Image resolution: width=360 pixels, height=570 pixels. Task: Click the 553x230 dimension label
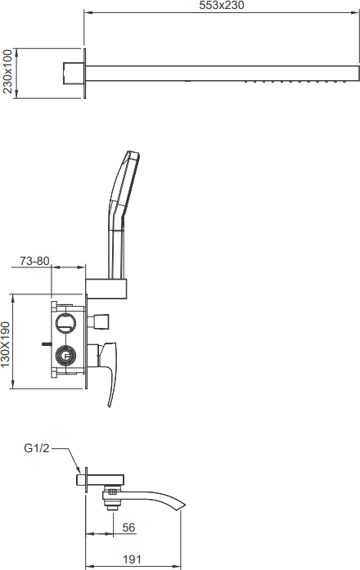pyautogui.click(x=222, y=5)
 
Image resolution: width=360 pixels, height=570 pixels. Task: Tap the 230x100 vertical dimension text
pyautogui.click(x=7, y=71)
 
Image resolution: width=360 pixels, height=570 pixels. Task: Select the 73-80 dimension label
pyautogui.click(x=34, y=261)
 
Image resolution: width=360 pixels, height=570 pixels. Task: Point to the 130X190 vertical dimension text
pyautogui.click(x=6, y=344)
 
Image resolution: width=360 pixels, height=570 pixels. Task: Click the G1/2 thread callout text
pyautogui.click(x=36, y=448)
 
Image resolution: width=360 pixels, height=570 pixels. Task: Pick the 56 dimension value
pyautogui.click(x=128, y=527)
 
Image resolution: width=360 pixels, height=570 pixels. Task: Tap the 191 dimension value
pyautogui.click(x=132, y=559)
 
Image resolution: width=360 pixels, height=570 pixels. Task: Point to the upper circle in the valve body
pyautogui.click(x=65, y=322)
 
